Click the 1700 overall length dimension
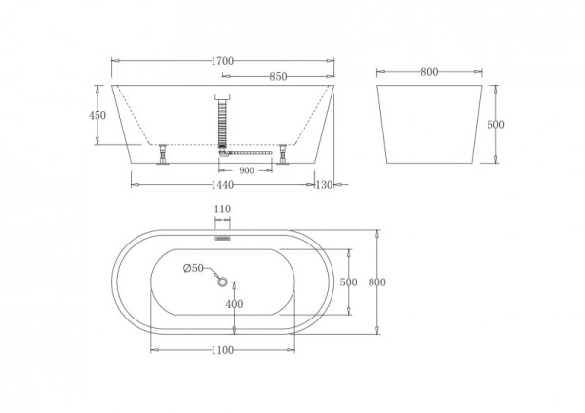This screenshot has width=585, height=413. point(222,61)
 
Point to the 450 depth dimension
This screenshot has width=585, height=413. point(97,115)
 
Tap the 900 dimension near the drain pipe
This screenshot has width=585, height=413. point(246,171)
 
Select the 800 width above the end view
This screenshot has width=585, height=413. point(429,71)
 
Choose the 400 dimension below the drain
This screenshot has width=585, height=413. point(234,304)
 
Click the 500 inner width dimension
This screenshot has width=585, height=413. point(348,282)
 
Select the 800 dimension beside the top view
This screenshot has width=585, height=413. point(378,282)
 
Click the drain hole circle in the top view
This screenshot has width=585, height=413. point(222,282)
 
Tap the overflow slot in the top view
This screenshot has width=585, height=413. point(222,235)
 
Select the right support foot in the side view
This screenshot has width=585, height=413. point(283,155)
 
